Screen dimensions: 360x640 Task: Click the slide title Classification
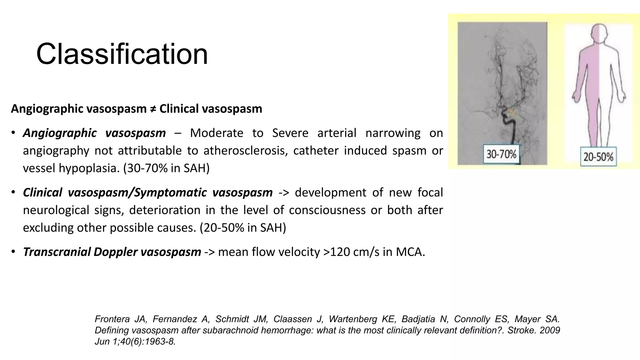click(122, 54)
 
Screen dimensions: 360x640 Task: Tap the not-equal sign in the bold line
click(153, 109)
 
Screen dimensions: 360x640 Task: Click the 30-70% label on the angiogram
click(501, 154)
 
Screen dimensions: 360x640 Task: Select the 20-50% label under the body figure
click(598, 157)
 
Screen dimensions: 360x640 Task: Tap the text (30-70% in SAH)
click(166, 168)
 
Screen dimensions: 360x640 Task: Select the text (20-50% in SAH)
click(243, 228)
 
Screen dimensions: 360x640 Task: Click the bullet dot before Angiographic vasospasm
click(13, 133)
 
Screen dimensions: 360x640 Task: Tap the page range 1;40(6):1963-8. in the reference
click(141, 342)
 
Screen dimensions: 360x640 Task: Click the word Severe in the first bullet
click(290, 133)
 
